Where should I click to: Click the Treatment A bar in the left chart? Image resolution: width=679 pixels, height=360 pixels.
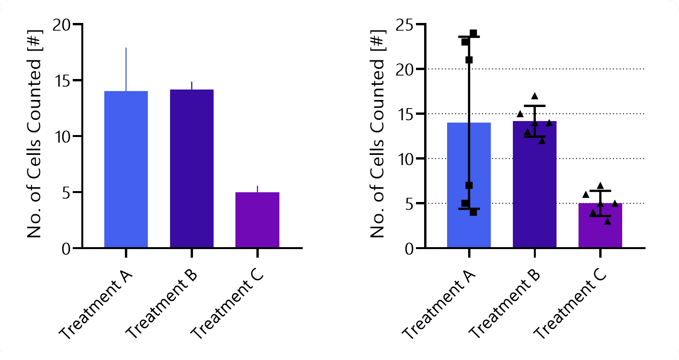126,169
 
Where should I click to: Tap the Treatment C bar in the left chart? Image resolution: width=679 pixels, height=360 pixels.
257,220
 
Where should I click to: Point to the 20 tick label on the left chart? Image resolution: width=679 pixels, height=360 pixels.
63,25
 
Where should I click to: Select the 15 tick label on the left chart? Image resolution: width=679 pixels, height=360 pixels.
63,81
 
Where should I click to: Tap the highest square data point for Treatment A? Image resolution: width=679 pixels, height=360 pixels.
473,33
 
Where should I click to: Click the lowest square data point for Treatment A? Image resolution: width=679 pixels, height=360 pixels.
473,212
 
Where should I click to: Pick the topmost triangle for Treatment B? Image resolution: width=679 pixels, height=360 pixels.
535,96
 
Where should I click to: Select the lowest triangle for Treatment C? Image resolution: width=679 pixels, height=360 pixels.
607,222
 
